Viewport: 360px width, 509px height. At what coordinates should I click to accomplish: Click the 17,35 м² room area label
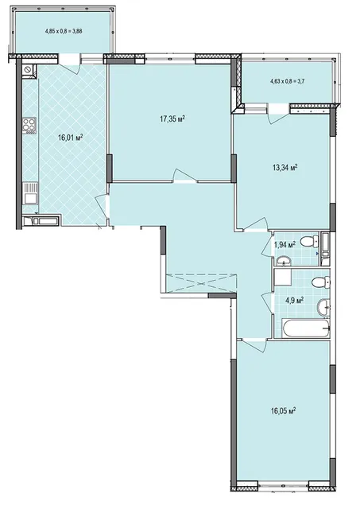[172, 119]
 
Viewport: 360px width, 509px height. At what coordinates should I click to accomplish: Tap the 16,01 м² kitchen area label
[70, 138]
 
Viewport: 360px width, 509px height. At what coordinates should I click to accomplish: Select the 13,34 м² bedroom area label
[285, 168]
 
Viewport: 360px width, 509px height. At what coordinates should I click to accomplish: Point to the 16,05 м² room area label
[283, 411]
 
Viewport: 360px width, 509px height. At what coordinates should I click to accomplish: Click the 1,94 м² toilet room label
[285, 244]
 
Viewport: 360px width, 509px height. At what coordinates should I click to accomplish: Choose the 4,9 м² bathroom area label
[294, 299]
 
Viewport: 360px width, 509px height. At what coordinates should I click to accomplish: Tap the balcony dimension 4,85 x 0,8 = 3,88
[65, 32]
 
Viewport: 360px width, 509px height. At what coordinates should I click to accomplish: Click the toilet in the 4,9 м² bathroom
[321, 282]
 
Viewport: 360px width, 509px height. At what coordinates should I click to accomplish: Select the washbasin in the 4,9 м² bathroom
[323, 307]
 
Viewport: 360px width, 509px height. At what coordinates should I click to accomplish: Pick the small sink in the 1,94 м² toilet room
[284, 261]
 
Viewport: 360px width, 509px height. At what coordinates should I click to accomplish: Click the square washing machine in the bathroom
[283, 277]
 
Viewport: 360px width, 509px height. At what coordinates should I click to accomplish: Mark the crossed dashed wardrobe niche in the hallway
[201, 283]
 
